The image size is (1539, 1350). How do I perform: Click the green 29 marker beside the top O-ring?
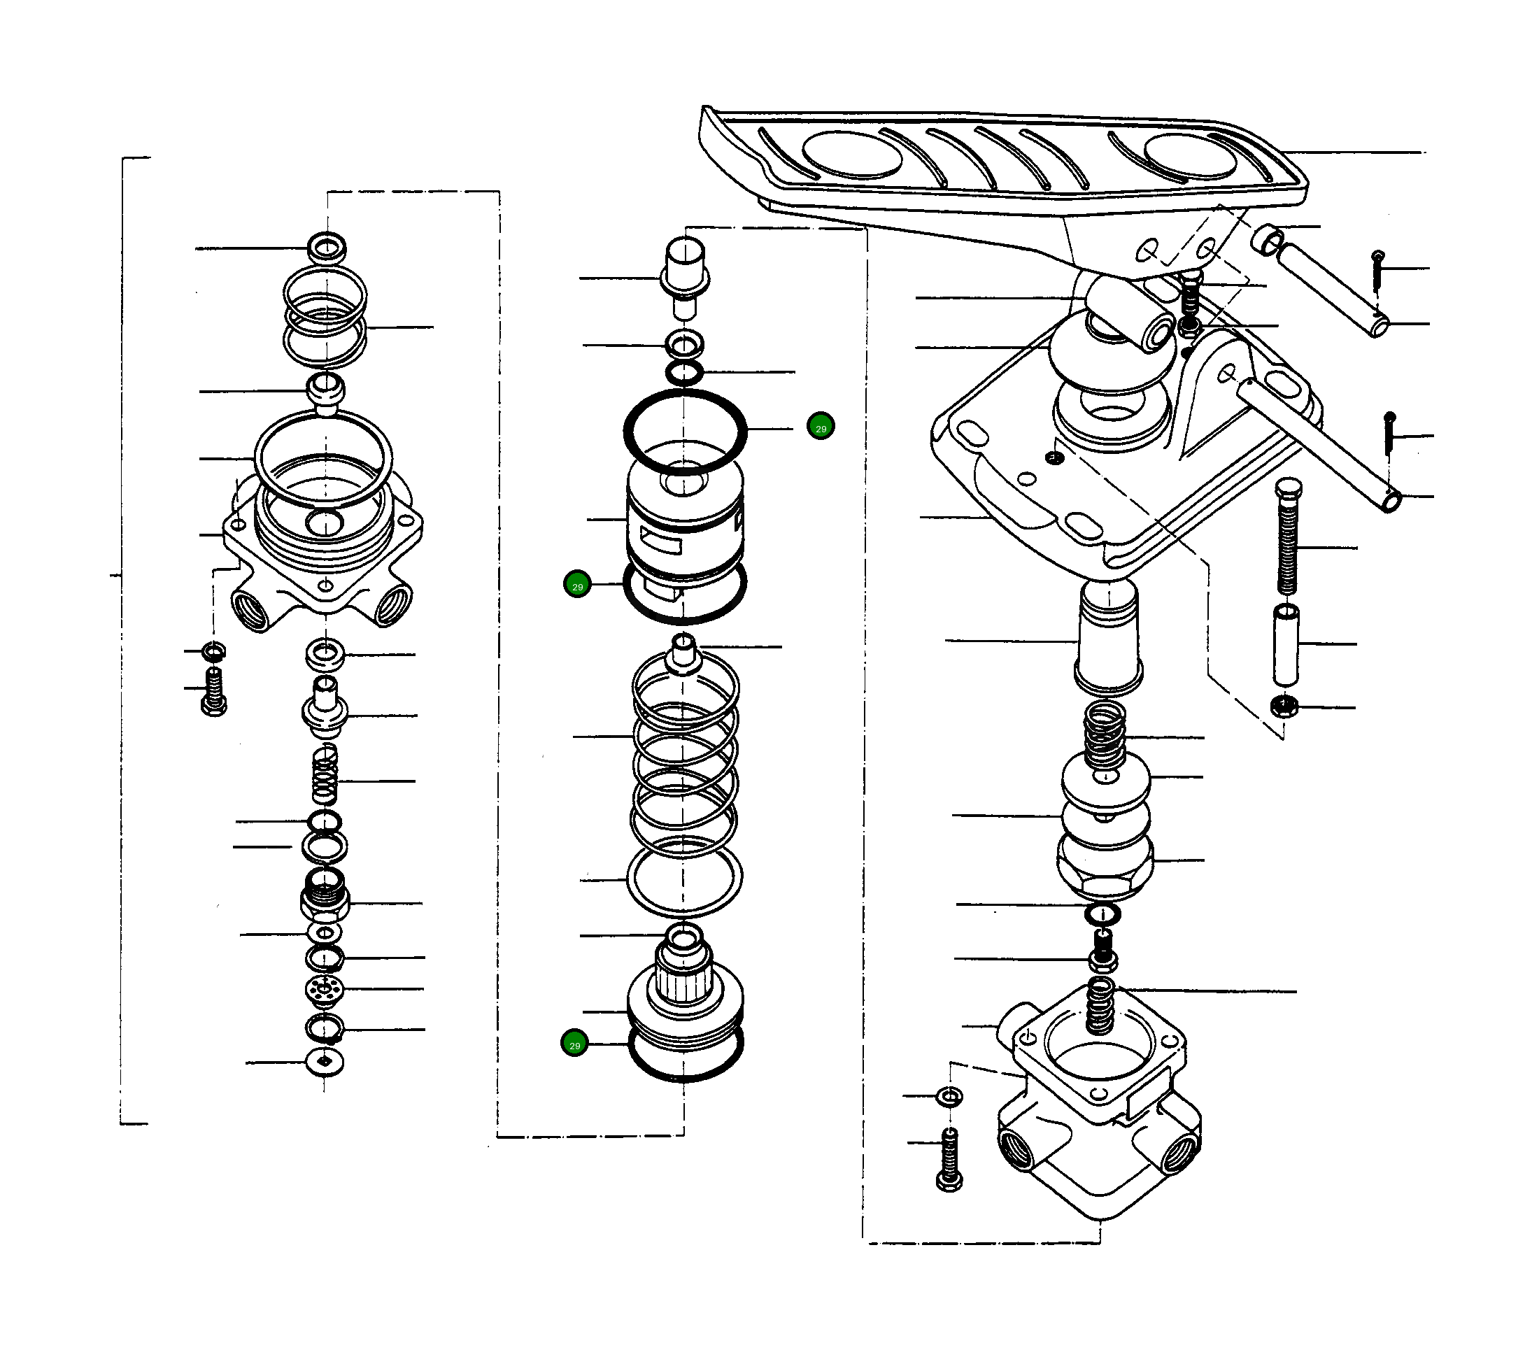[820, 427]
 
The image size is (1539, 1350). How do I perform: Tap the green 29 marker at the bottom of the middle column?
[574, 1044]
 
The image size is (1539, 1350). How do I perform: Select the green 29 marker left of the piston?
[578, 585]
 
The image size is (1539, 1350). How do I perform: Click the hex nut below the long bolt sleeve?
[1283, 706]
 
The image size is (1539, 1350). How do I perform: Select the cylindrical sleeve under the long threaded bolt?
[1286, 644]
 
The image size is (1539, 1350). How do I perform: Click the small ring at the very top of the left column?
[327, 246]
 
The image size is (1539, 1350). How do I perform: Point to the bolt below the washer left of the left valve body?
[214, 691]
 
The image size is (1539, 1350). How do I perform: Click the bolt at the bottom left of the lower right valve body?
[949, 1163]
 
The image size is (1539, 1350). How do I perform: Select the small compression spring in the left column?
[325, 776]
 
